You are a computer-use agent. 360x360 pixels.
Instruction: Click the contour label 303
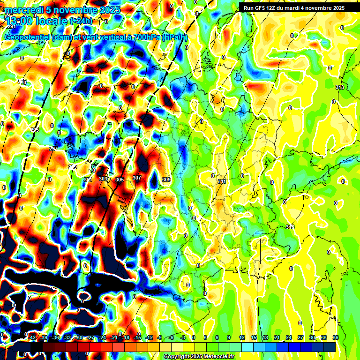click(x=103, y=179)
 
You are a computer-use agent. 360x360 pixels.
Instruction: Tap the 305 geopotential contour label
click(x=120, y=180)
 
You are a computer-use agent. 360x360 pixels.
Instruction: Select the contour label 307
click(x=136, y=178)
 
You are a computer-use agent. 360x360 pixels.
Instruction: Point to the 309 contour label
click(x=166, y=180)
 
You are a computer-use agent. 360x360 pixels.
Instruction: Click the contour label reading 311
click(x=222, y=181)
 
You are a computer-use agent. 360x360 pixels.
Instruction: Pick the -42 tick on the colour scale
click(x=32, y=337)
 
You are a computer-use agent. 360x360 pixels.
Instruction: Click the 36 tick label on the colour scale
click(x=336, y=337)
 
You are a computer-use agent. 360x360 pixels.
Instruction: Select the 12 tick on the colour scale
click(x=242, y=337)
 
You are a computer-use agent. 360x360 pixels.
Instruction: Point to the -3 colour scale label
click(x=183, y=337)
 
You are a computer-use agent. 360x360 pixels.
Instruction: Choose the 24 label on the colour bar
click(x=289, y=337)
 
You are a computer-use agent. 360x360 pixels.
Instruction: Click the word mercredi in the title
click(x=24, y=9)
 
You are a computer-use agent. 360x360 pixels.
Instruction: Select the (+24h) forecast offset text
click(x=81, y=21)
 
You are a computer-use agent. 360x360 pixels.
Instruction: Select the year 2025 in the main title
click(x=107, y=9)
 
